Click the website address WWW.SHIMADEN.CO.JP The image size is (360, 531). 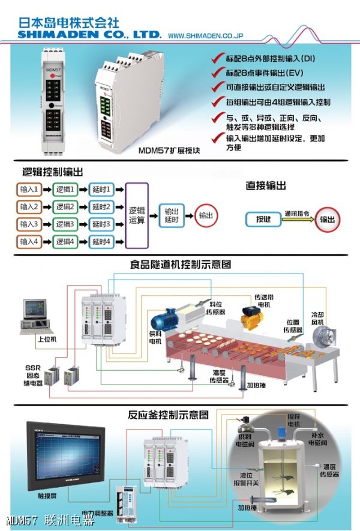[x=205, y=36]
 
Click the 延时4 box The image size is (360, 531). [x=101, y=242]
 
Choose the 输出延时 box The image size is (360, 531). [x=171, y=215]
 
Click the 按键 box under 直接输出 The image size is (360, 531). [x=263, y=219]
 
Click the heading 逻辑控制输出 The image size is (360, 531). [x=49, y=172]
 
